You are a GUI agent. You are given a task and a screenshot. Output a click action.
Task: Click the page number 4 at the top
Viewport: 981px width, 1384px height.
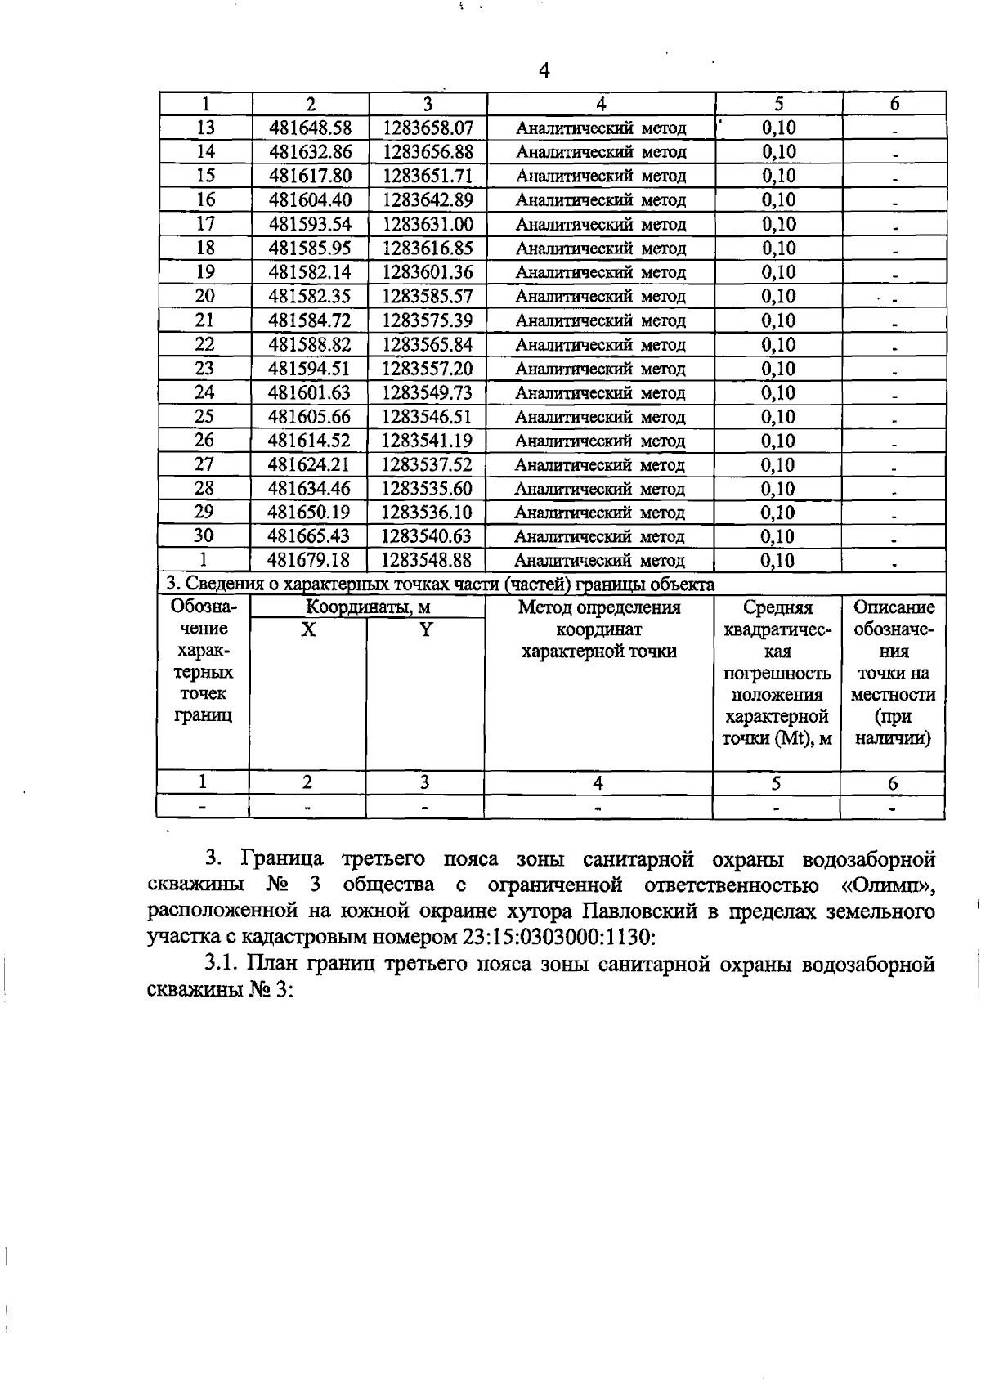(544, 72)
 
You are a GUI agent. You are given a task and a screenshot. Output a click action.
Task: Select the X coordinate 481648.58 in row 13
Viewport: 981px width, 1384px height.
(310, 128)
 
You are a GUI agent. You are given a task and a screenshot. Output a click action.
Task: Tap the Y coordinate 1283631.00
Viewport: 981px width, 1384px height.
(428, 225)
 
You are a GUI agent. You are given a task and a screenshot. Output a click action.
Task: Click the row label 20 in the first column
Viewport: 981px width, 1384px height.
(204, 297)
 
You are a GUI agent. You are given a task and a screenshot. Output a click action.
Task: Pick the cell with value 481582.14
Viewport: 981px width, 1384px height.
(310, 272)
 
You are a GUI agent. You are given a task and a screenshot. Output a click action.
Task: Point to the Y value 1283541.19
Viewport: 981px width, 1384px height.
(428, 441)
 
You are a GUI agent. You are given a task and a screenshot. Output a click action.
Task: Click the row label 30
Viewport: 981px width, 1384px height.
(204, 536)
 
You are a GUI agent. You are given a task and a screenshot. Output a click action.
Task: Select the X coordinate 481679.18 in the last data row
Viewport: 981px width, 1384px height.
(310, 561)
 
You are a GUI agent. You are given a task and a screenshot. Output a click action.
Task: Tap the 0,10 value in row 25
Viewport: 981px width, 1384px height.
(778, 417)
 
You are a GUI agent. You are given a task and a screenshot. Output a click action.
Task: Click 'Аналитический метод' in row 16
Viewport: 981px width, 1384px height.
(601, 201)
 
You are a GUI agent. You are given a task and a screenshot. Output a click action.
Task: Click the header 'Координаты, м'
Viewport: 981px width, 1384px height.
(368, 607)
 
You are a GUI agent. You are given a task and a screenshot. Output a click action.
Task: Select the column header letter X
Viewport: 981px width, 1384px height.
(307, 630)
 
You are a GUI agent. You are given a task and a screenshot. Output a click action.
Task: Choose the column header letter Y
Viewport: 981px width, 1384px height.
(425, 630)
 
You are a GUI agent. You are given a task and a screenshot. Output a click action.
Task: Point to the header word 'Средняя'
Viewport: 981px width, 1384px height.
(777, 608)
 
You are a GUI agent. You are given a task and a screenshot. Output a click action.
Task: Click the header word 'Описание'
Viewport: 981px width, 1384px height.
(894, 608)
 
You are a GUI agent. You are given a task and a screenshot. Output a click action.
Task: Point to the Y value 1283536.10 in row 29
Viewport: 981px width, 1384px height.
(428, 513)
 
